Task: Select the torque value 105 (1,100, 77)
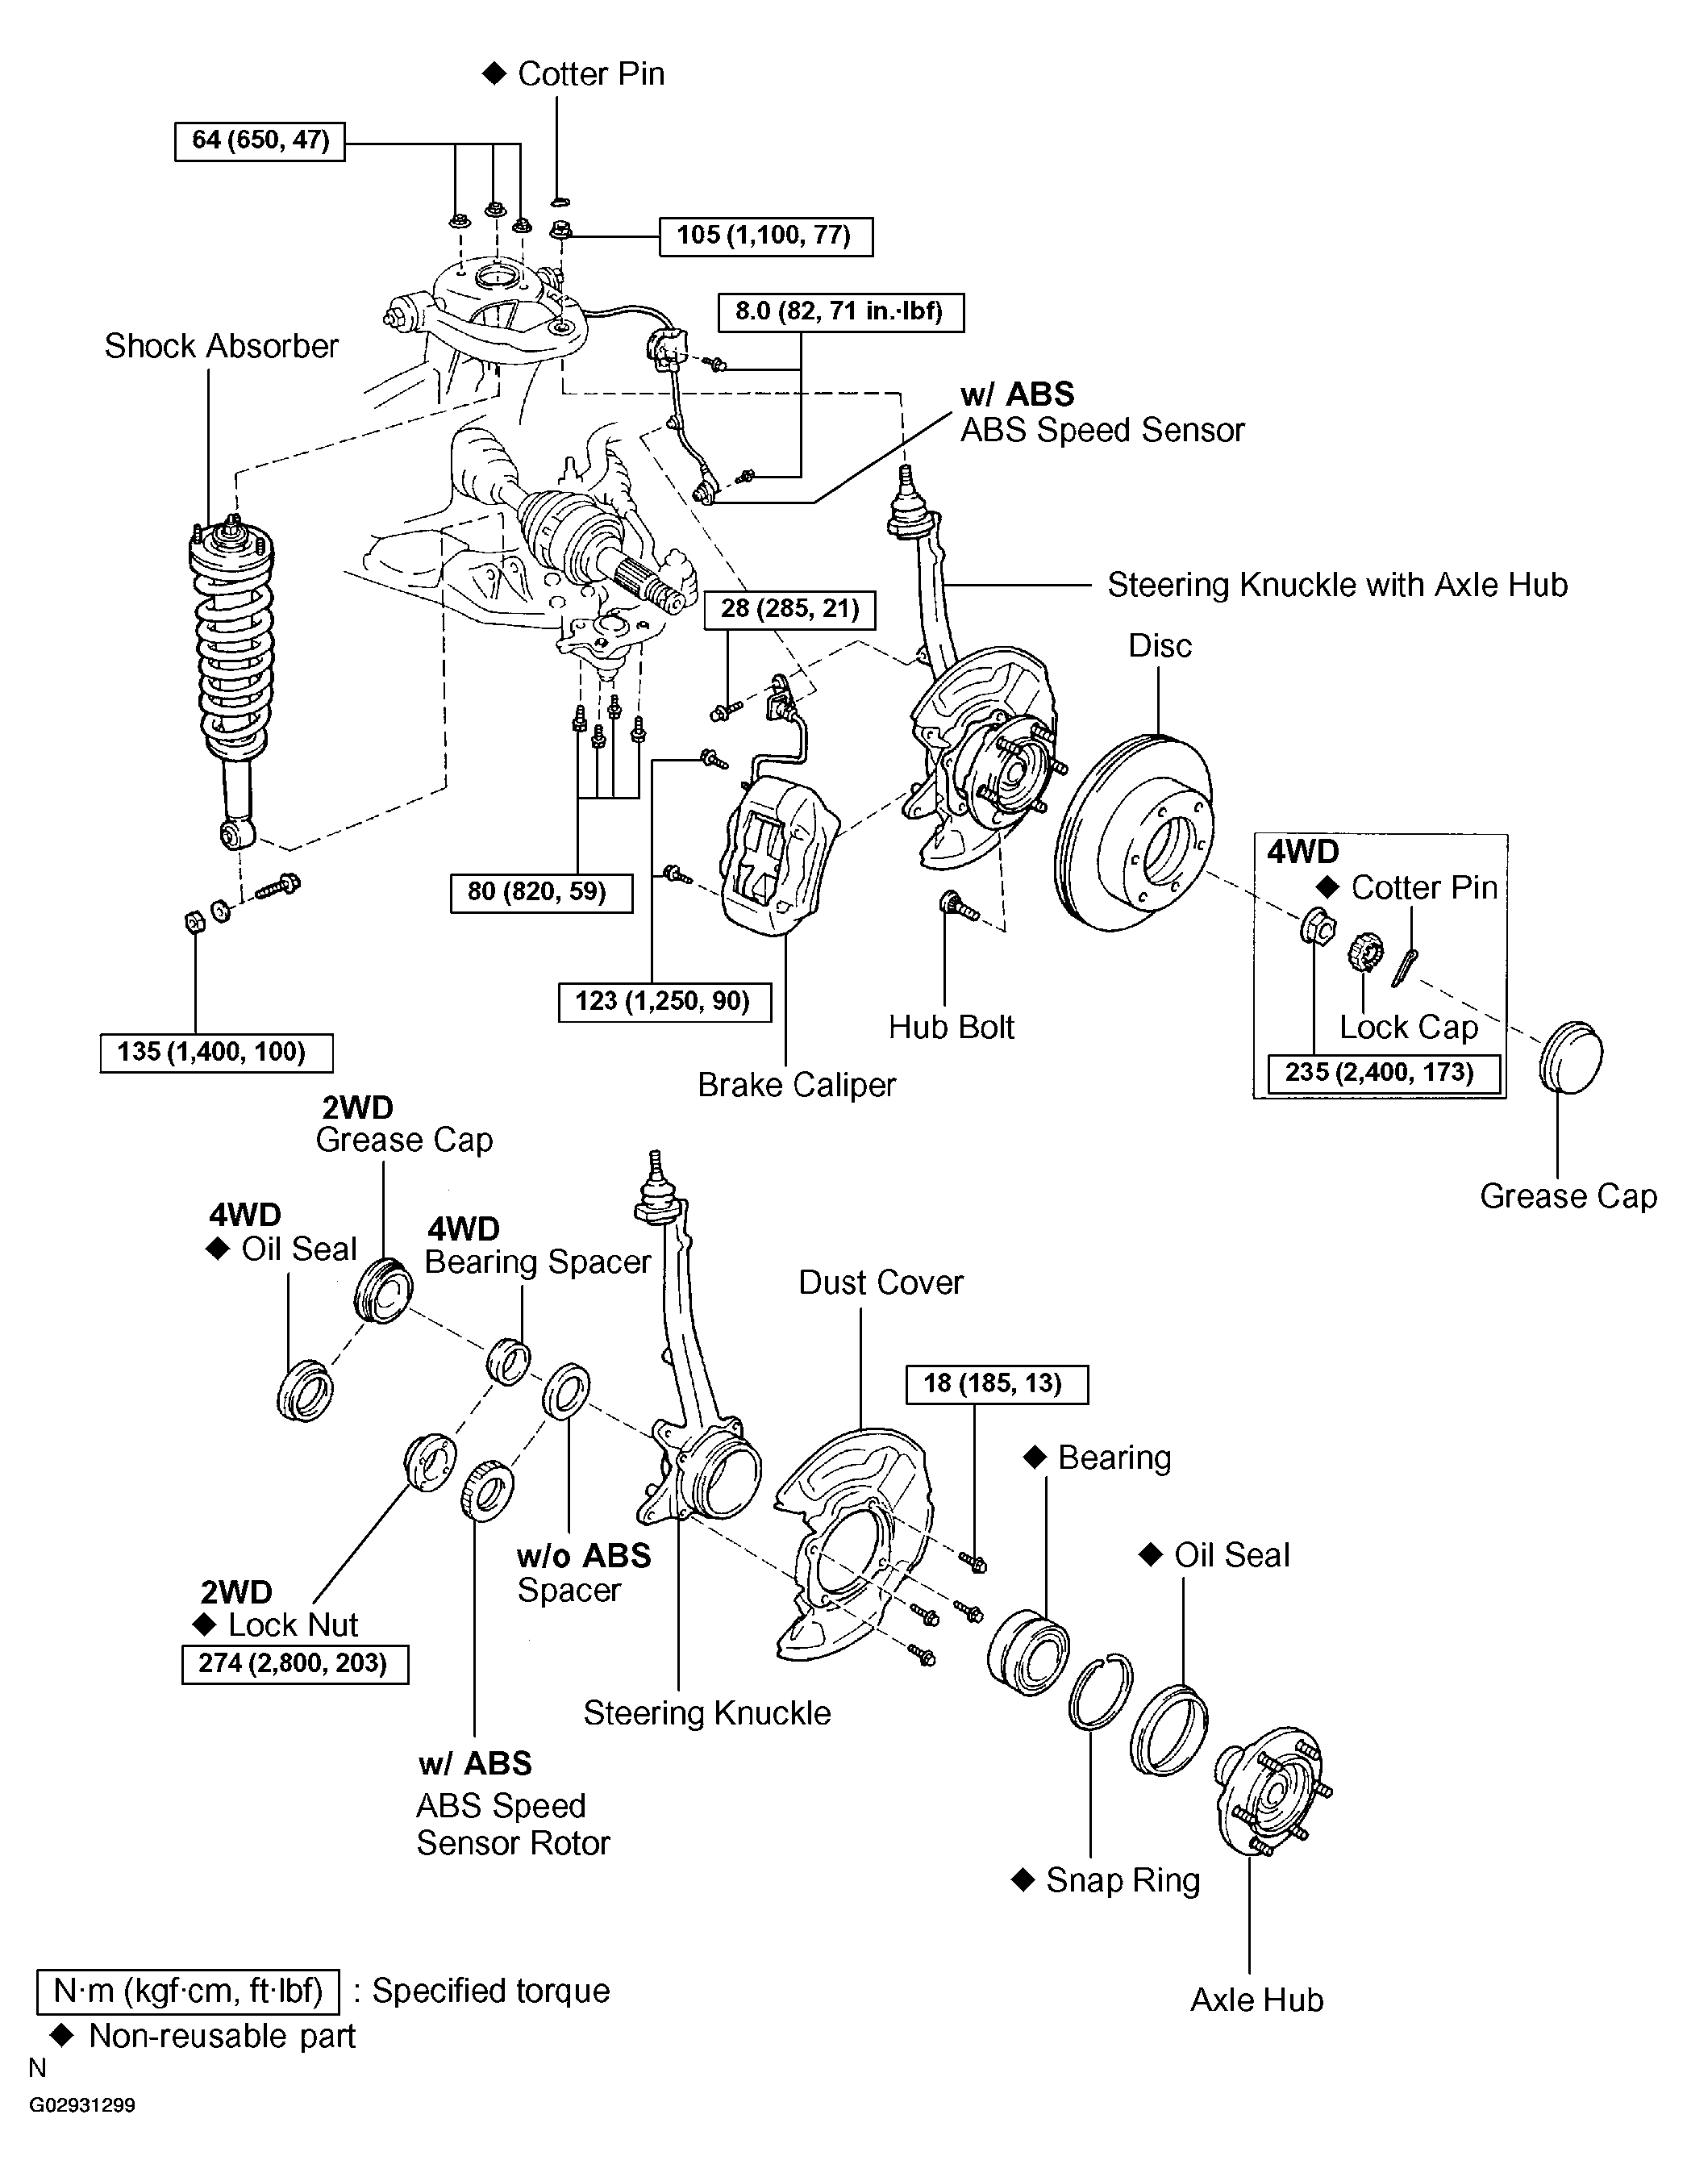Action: pos(766,236)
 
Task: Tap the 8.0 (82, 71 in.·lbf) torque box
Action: pos(840,311)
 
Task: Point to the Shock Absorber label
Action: pos(221,346)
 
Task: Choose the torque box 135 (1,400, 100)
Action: pos(216,1053)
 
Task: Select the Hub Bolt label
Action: pos(952,1027)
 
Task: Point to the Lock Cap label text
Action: pos(1409,1027)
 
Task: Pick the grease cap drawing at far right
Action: pos(1571,1057)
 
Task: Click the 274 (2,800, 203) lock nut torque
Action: pos(295,1663)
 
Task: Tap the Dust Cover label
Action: pos(881,1283)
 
